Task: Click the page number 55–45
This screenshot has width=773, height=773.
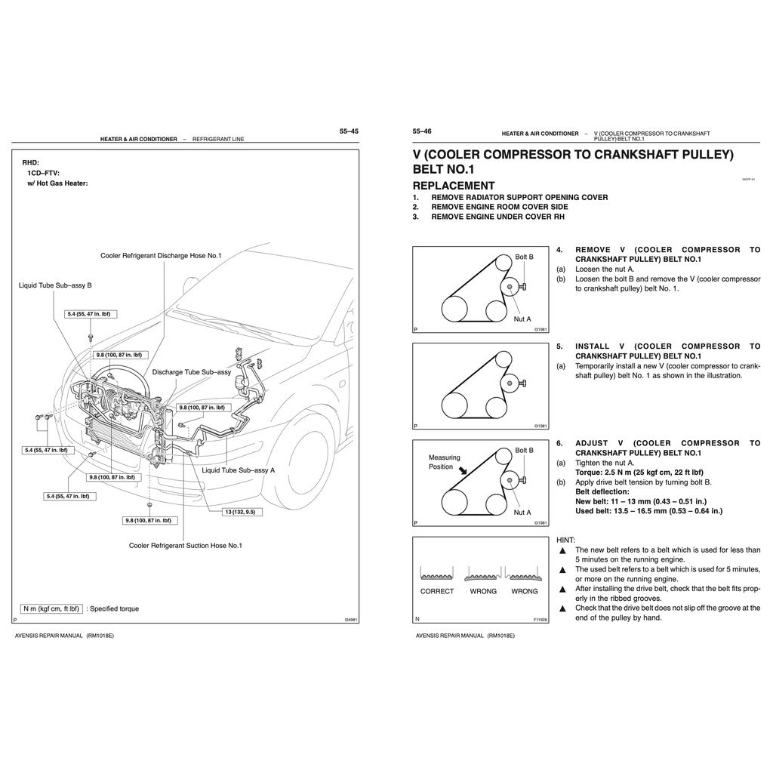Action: point(349,131)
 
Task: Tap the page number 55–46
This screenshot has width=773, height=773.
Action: point(422,131)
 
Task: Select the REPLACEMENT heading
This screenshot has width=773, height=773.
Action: point(454,186)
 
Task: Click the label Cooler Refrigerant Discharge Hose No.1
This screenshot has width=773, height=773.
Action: point(161,256)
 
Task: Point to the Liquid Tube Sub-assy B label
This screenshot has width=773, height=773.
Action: point(55,285)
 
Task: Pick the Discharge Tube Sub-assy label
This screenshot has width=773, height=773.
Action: point(191,372)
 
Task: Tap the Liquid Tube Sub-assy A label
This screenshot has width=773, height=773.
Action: point(239,470)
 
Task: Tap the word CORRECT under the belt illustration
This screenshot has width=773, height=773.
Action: point(437,591)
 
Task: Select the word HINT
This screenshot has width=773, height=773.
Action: point(565,540)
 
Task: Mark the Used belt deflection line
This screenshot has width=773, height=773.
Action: point(648,511)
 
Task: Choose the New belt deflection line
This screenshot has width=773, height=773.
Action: point(641,501)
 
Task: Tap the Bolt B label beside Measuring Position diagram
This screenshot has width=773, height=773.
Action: point(524,450)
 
